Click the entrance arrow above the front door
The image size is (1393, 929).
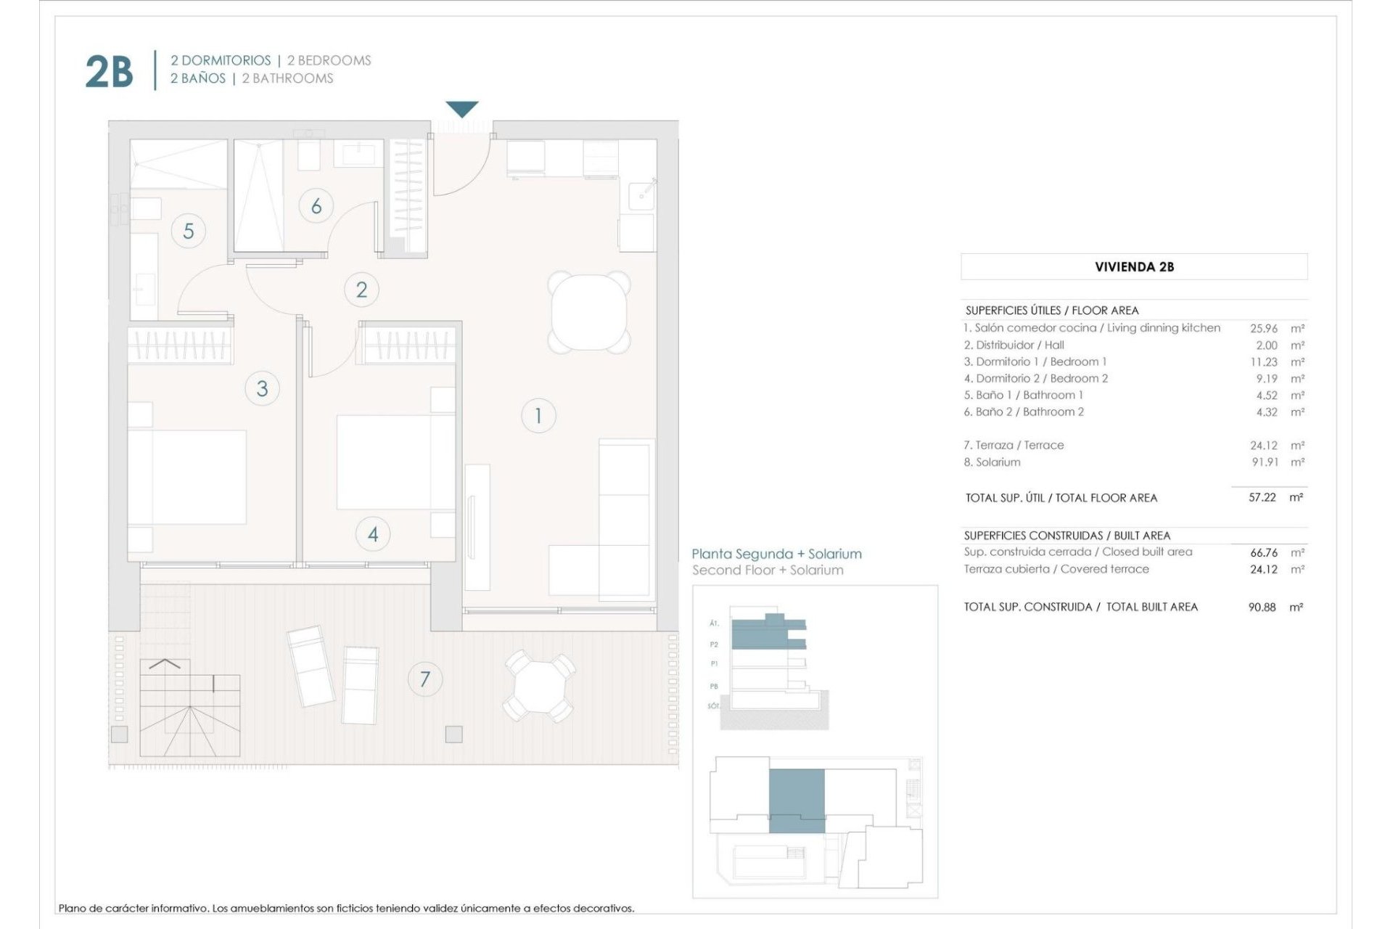pos(462,109)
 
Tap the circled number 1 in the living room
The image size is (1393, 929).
pos(538,416)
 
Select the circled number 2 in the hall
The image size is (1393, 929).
pos(361,290)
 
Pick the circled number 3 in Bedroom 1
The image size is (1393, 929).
pos(262,388)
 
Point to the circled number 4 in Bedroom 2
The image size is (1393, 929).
pos(373,534)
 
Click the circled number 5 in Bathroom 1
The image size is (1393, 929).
pos(189,231)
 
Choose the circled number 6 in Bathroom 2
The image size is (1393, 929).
pos(316,206)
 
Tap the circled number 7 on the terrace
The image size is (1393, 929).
pos(425,679)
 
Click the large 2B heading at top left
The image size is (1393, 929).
pos(110,72)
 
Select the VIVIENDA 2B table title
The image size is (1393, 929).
pos(1134,267)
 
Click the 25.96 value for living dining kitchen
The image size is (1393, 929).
pos(1264,328)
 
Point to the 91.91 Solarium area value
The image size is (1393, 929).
pos(1265,462)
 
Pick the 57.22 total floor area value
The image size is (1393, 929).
pos(1262,497)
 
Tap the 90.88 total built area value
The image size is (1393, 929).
pos(1262,607)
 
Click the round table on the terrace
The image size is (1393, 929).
pos(539,686)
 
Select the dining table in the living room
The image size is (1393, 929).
pos(588,311)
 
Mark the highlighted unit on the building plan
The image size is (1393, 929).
pos(797,801)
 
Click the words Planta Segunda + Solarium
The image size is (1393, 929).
pos(776,554)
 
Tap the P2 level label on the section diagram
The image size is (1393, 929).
pos(714,644)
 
